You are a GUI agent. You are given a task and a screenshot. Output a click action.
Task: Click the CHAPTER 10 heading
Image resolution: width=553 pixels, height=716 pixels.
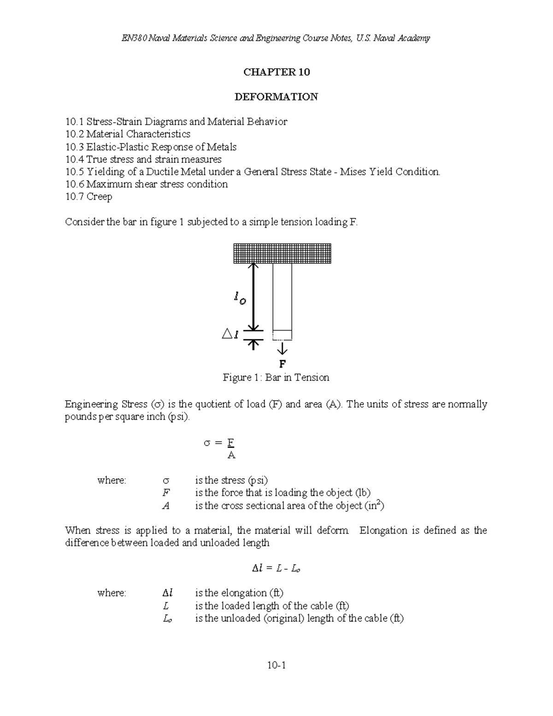pos(276,72)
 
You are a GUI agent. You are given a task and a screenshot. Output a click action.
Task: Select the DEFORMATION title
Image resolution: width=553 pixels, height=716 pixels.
pos(276,97)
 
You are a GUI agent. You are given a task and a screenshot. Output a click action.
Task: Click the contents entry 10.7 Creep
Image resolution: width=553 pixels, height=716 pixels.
pos(88,197)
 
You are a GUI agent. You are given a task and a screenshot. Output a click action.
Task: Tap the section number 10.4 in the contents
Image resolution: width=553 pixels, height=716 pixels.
pos(74,160)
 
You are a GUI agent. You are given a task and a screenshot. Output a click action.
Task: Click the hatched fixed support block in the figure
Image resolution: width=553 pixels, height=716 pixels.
pos(282,253)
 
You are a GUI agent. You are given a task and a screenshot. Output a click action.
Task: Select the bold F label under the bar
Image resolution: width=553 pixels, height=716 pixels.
pos(282,363)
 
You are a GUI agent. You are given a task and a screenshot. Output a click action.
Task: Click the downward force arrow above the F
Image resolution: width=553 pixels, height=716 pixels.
pos(282,348)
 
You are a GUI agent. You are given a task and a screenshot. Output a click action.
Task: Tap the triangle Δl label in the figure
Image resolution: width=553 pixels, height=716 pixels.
pos(230,335)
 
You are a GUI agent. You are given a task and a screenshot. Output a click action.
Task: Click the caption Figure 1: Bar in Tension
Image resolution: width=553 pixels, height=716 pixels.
pos(276,378)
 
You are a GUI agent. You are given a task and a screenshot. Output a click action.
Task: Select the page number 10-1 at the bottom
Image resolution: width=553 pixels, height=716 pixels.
pos(276,665)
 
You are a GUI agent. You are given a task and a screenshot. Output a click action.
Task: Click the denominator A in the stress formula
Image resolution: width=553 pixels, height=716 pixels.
pos(231,456)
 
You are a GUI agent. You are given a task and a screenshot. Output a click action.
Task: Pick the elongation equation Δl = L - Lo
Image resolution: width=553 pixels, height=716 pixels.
pos(276,568)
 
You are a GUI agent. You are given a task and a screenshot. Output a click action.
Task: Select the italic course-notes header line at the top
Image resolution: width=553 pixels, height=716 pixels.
pos(276,38)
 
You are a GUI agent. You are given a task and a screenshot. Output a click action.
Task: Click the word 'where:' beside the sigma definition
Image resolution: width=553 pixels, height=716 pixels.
pos(112,480)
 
